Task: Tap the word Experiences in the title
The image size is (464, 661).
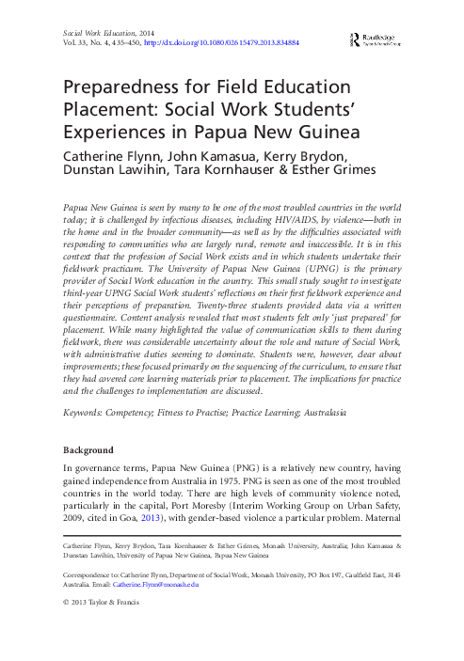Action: pos(119,133)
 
